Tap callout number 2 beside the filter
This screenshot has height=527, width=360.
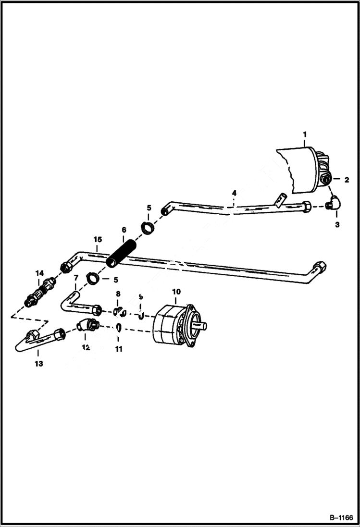[x=346, y=180]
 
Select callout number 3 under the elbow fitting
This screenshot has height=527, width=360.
[x=337, y=224]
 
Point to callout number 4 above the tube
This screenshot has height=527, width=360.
[x=234, y=193]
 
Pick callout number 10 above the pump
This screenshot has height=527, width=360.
[x=176, y=292]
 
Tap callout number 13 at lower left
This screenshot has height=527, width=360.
[x=38, y=364]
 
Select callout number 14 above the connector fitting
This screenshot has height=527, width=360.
[x=39, y=273]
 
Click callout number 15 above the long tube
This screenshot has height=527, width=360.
[x=98, y=239]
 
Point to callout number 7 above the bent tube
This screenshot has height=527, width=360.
[x=75, y=278]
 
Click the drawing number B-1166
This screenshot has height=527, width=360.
[x=341, y=518]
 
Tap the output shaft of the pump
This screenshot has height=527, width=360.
[x=202, y=326]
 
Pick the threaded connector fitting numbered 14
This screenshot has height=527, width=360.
[x=39, y=291]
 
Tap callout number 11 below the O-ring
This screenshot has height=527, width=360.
[x=118, y=349]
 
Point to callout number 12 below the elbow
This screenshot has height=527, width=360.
[x=86, y=347]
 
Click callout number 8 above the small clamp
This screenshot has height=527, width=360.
[x=118, y=294]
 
